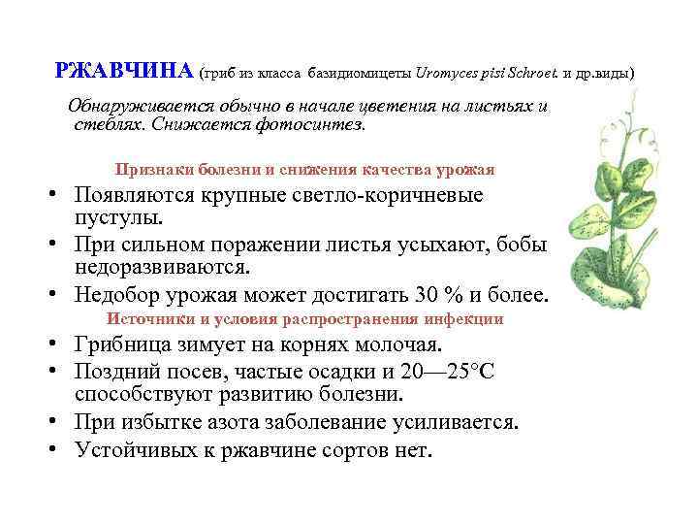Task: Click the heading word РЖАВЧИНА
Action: [125, 71]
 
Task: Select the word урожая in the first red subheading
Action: [464, 169]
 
